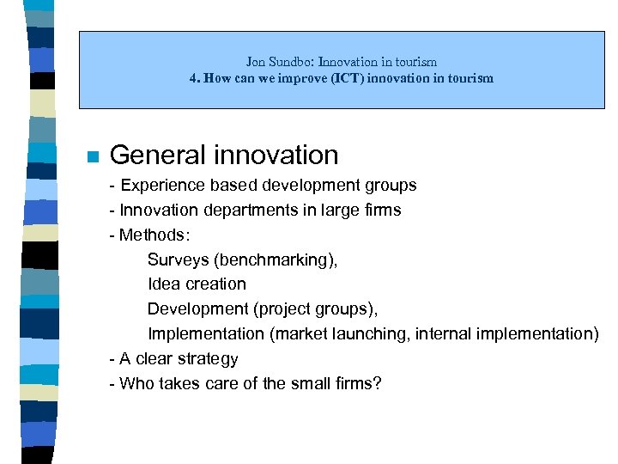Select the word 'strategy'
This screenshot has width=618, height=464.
(207, 358)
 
